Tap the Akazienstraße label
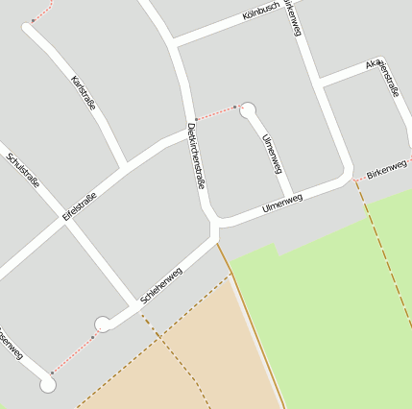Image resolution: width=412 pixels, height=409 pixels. [x=382, y=79]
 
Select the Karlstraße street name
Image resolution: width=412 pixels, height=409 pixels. [x=85, y=93]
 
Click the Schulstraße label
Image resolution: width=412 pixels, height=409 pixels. [x=22, y=170]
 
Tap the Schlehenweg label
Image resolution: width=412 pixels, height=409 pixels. [x=161, y=286]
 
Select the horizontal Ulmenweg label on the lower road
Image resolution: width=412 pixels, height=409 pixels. [x=282, y=204]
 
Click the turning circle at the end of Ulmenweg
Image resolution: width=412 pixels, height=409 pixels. [x=248, y=109]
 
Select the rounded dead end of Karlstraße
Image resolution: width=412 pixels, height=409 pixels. [x=30, y=30]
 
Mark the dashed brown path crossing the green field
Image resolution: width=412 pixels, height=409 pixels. [x=384, y=250]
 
